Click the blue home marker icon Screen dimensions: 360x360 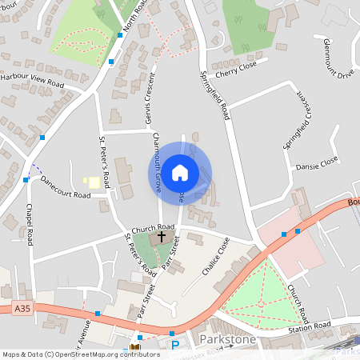(180, 172)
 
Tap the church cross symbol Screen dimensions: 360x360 (162, 237)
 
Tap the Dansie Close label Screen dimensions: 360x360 (318, 165)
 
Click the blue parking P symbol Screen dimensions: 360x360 (175, 346)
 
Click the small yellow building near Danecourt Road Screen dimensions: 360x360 (94, 183)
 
